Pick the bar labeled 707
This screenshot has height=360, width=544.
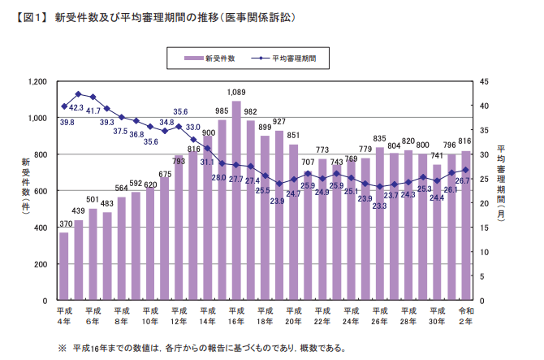[x=308, y=236]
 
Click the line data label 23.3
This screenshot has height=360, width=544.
[x=379, y=206]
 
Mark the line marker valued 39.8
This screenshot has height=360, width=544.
[x=64, y=106]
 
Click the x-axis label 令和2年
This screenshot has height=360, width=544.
[x=465, y=316]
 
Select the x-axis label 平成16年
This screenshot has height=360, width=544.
[x=236, y=316]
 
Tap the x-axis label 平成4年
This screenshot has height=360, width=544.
[x=64, y=316]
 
